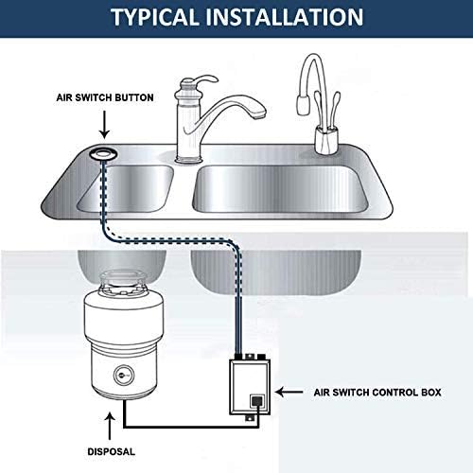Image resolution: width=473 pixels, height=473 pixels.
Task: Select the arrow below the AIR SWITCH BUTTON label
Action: pos(102,124)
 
